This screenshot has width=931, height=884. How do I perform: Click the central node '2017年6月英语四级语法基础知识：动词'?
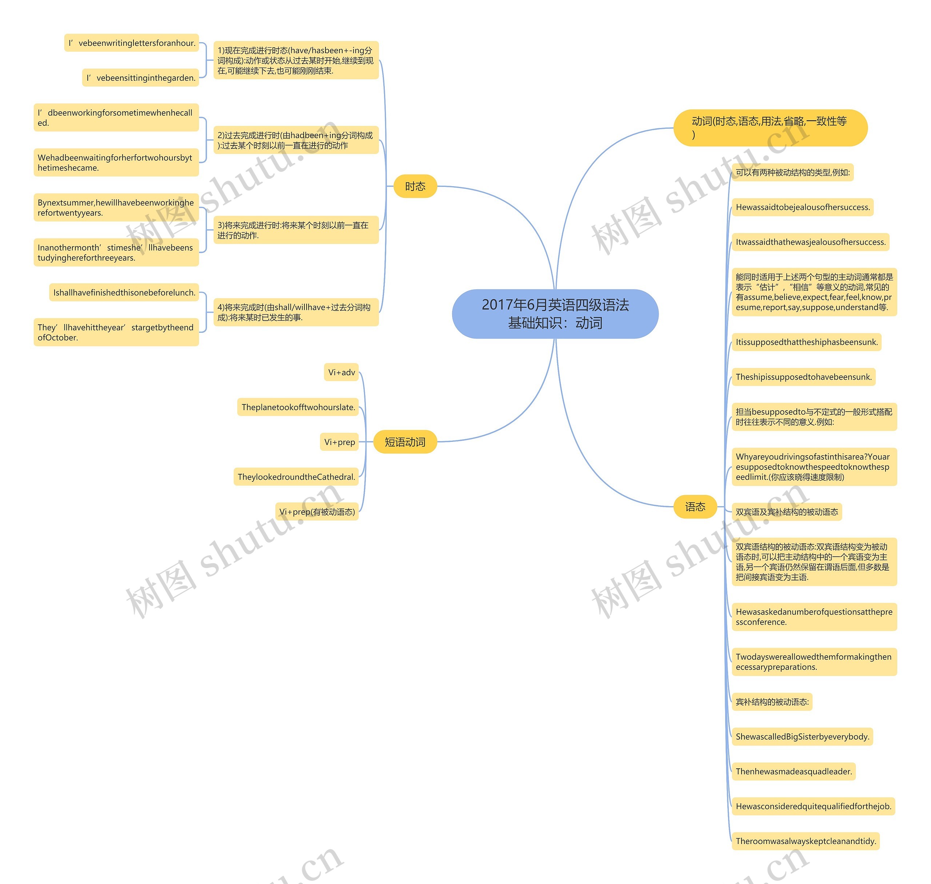pyautogui.click(x=555, y=314)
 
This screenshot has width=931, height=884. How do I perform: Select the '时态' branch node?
pyautogui.click(x=415, y=187)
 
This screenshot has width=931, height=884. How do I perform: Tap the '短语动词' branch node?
pyautogui.click(x=405, y=442)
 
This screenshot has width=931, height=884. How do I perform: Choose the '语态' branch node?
pyautogui.click(x=695, y=507)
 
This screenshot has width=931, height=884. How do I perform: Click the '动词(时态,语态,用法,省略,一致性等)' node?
pyautogui.click(x=770, y=128)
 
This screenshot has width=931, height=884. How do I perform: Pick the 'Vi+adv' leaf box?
pyautogui.click(x=341, y=372)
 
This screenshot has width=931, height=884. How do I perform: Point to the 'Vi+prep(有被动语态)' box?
pyautogui.click(x=317, y=512)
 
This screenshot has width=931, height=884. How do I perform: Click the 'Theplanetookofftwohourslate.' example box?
pyautogui.click(x=298, y=407)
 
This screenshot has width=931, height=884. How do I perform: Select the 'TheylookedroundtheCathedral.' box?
pyautogui.click(x=296, y=477)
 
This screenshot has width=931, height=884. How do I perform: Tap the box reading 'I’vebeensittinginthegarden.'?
pyautogui.click(x=140, y=78)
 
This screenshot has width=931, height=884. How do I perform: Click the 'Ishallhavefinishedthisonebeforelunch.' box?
pyautogui.click(x=124, y=293)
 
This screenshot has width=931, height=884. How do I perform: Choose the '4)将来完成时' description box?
pyautogui.click(x=296, y=312)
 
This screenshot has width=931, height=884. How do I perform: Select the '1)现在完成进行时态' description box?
pyautogui.click(x=296, y=60)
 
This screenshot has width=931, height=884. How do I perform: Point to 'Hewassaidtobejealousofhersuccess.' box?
pyautogui.click(x=802, y=207)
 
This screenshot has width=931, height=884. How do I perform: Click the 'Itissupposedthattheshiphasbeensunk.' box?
pyautogui.click(x=806, y=342)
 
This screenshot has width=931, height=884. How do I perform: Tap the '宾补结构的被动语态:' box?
pyautogui.click(x=772, y=702)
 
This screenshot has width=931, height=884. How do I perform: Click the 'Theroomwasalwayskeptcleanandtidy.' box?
pyautogui.click(x=805, y=841)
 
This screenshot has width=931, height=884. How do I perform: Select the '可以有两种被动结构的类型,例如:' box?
pyautogui.click(x=792, y=172)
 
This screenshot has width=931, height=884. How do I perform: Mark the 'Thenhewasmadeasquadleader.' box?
pyautogui.click(x=794, y=771)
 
